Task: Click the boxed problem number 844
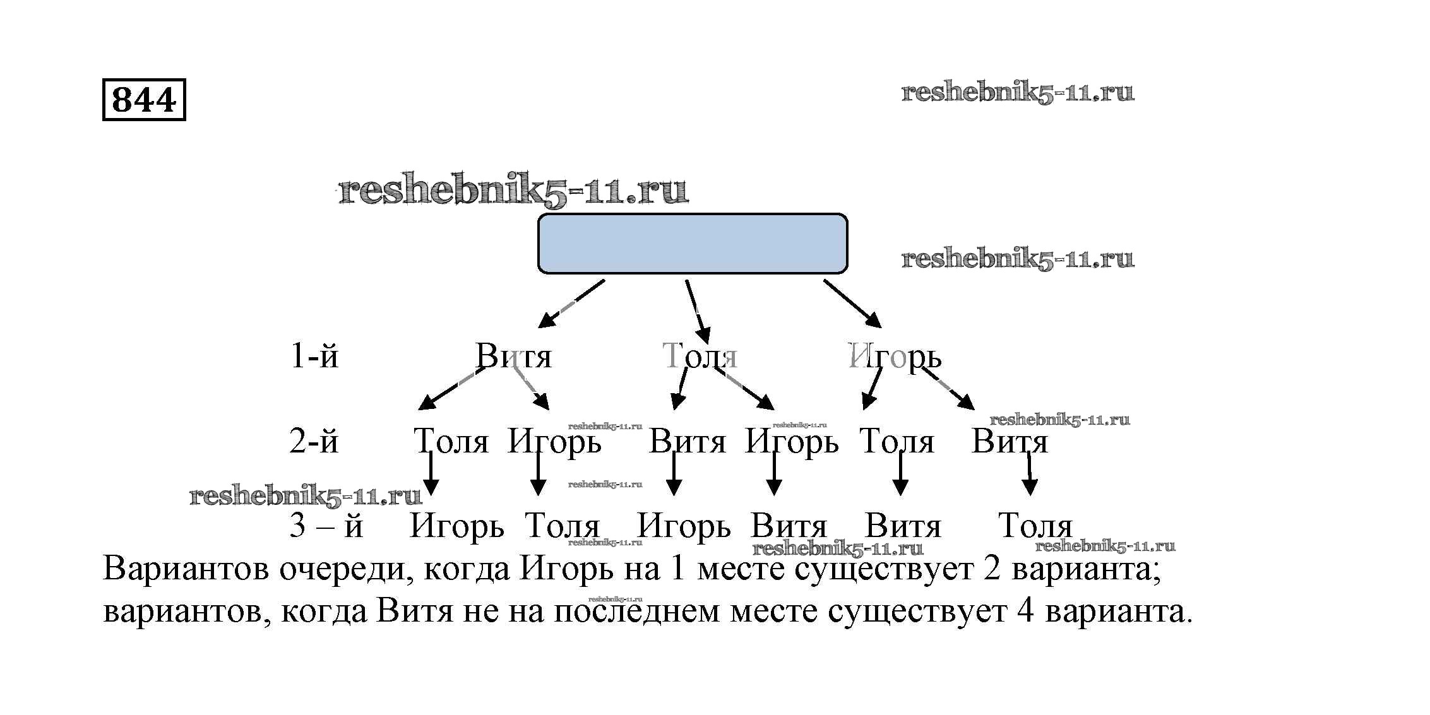pyautogui.click(x=144, y=100)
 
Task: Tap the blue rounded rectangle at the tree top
pyautogui.click(x=692, y=244)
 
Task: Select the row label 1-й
pyautogui.click(x=314, y=356)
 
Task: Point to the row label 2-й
pyautogui.click(x=314, y=441)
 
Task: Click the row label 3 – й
pyautogui.click(x=326, y=526)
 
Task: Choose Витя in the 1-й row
pyautogui.click(x=513, y=356)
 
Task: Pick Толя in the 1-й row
pyautogui.click(x=699, y=356)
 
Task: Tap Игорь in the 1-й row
pyautogui.click(x=894, y=357)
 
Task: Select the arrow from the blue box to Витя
pyautogui.click(x=571, y=304)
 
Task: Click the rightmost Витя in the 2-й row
pyautogui.click(x=1009, y=441)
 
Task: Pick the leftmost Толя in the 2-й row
pyautogui.click(x=451, y=441)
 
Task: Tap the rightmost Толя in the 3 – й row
pyautogui.click(x=1035, y=526)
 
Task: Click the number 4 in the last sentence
pyautogui.click(x=1025, y=611)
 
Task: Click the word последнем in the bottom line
pyautogui.click(x=636, y=611)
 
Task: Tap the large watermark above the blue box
pyautogui.click(x=513, y=191)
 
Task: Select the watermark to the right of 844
pyautogui.click(x=1017, y=93)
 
